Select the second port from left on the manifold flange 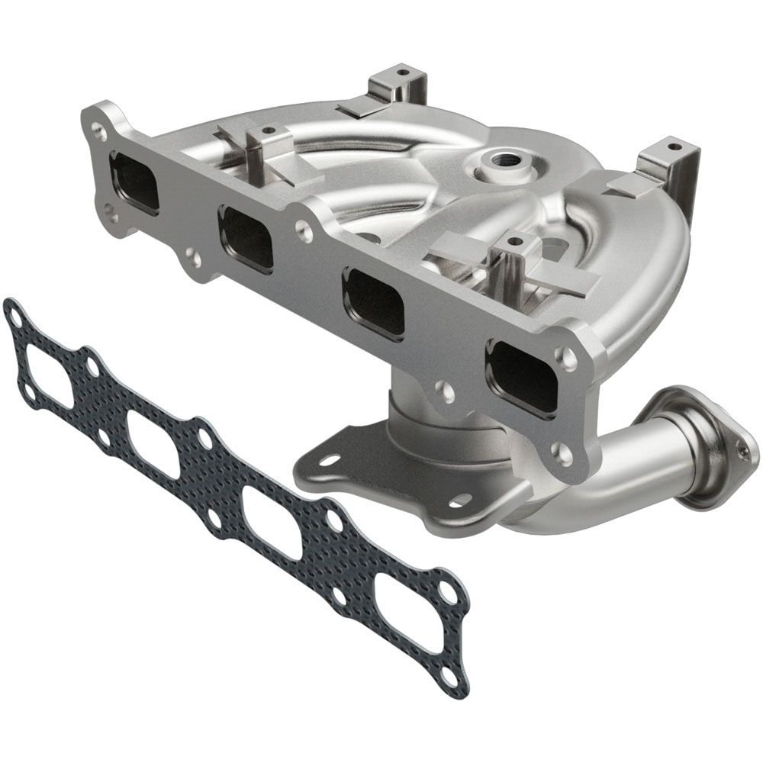tap(246, 238)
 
